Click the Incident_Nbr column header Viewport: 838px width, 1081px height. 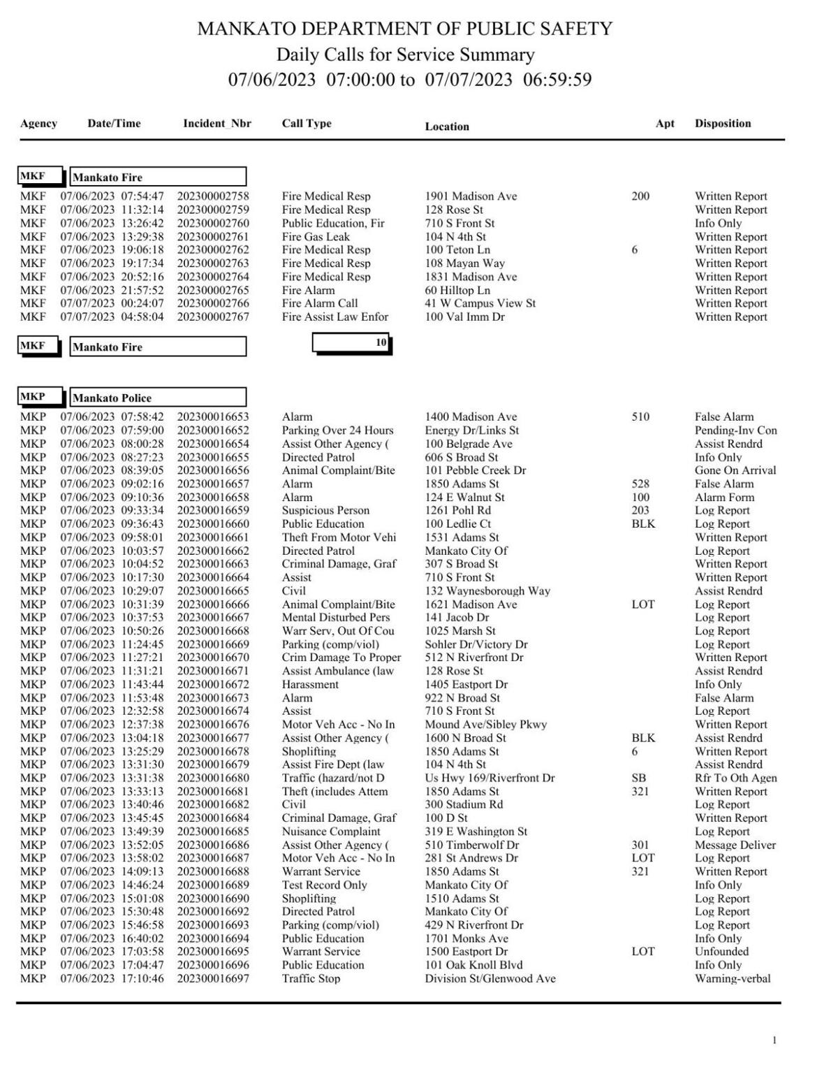coord(216,124)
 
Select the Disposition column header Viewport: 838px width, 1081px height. coord(722,124)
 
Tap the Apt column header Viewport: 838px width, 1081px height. coord(665,124)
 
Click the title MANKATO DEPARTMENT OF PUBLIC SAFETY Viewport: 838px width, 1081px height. coord(405,29)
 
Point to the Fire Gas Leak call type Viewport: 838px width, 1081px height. coord(316,237)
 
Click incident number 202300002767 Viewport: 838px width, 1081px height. coord(213,317)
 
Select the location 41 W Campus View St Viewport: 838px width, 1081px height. coord(480,303)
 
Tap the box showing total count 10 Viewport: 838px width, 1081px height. coord(352,343)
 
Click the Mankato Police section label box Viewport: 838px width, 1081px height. coord(158,398)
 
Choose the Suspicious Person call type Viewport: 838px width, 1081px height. coord(325,511)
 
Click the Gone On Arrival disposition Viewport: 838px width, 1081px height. coord(735,470)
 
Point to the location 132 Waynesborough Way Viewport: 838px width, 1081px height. coord(487,591)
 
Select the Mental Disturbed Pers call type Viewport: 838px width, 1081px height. coord(335,618)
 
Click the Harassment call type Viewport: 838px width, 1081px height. coord(310,685)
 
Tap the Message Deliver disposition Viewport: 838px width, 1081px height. coord(735,845)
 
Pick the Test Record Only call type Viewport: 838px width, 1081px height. coord(324,885)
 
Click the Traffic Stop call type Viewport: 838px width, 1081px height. coord(311,979)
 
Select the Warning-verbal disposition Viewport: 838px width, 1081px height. coord(733,979)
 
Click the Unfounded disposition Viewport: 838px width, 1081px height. coord(721,952)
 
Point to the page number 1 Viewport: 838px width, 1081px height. coord(774,1041)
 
